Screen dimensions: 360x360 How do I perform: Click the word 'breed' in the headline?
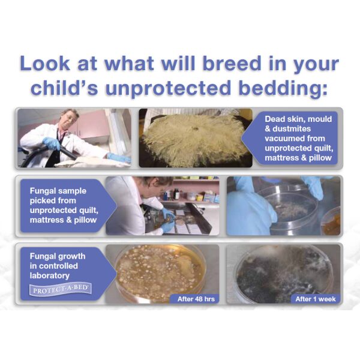click(x=232, y=63)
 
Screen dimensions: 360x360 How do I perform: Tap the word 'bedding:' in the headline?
click(x=283, y=88)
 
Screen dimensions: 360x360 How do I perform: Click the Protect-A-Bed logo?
click(x=61, y=289)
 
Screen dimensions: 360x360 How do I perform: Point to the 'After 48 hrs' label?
click(x=196, y=299)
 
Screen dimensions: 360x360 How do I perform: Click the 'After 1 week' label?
click(x=316, y=299)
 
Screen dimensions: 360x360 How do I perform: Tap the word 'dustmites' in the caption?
click(x=292, y=129)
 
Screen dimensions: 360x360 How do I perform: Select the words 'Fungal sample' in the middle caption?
click(x=58, y=191)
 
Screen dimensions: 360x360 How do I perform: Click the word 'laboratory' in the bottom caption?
click(x=50, y=276)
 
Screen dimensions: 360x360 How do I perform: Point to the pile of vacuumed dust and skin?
click(x=193, y=139)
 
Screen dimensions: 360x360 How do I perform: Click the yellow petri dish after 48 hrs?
click(x=160, y=273)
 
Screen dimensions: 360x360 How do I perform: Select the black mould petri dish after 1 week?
click(x=284, y=274)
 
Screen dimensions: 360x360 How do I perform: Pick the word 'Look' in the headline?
click(x=45, y=63)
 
